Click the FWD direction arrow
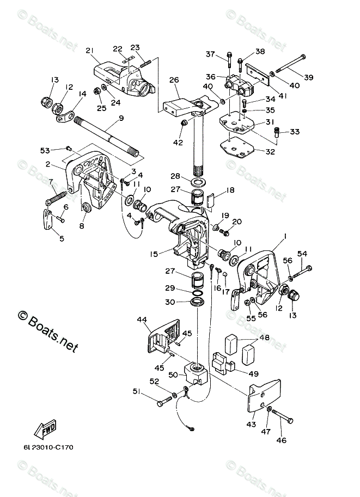(x=46, y=428)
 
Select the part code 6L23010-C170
(x=48, y=447)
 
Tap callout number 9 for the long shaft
(x=121, y=118)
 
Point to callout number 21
(x=90, y=50)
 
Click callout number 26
(x=174, y=80)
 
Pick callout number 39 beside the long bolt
(x=309, y=77)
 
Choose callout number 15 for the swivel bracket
(x=154, y=254)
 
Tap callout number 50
(x=173, y=375)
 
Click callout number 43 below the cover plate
(x=251, y=424)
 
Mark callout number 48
(x=265, y=338)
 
